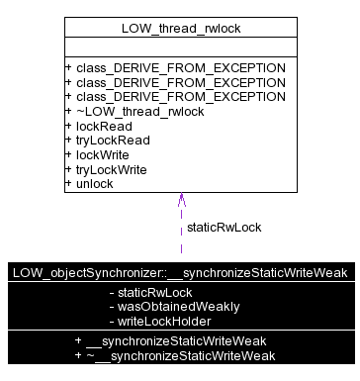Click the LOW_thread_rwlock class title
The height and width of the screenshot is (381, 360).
pos(180,28)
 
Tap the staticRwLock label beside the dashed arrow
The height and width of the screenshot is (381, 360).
pos(224,227)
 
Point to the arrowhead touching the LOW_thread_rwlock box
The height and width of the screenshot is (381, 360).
pos(181,201)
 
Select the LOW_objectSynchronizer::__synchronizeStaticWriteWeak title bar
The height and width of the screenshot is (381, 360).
pos(180,272)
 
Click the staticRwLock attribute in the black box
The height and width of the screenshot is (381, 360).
pos(154,293)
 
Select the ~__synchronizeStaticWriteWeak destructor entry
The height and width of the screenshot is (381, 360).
pos(180,355)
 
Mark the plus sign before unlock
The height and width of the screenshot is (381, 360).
pos(68,183)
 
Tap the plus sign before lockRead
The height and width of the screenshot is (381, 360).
pos(68,126)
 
